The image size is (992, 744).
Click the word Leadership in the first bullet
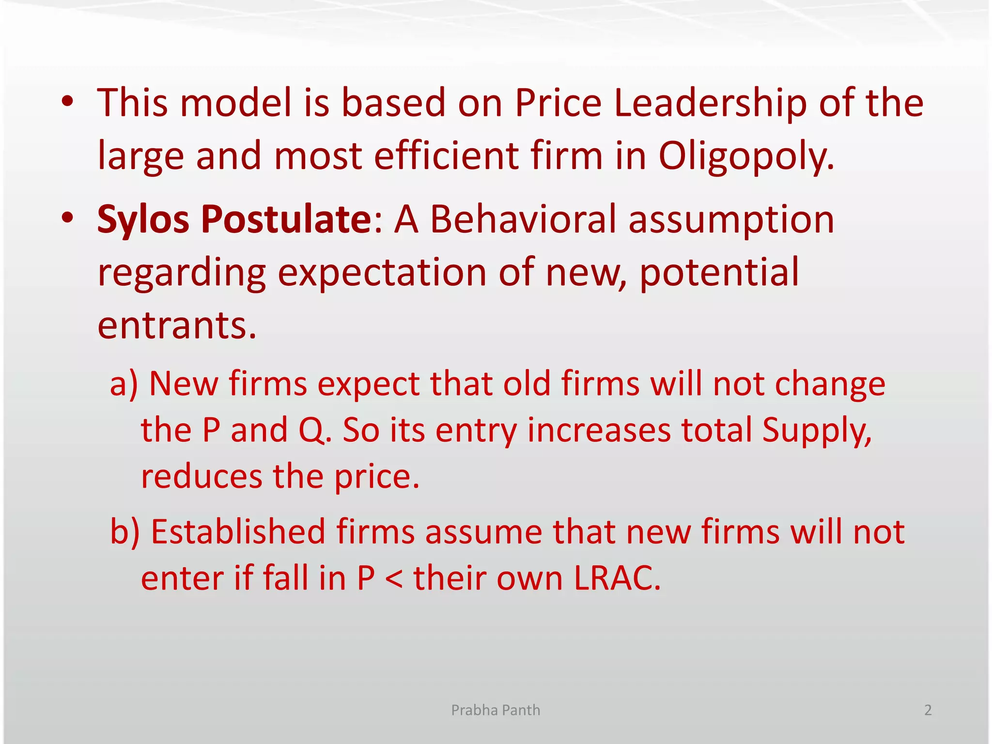point(710,103)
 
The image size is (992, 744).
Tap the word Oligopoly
point(746,156)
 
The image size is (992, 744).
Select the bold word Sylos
point(143,219)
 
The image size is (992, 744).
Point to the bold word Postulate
point(286,219)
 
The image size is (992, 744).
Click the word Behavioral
point(523,219)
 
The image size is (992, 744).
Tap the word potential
point(719,273)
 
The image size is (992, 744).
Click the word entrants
point(177,325)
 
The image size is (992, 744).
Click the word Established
point(238,532)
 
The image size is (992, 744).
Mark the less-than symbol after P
point(394,579)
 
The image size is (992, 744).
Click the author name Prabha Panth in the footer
point(496,710)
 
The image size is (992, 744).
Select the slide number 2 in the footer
point(928,710)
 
